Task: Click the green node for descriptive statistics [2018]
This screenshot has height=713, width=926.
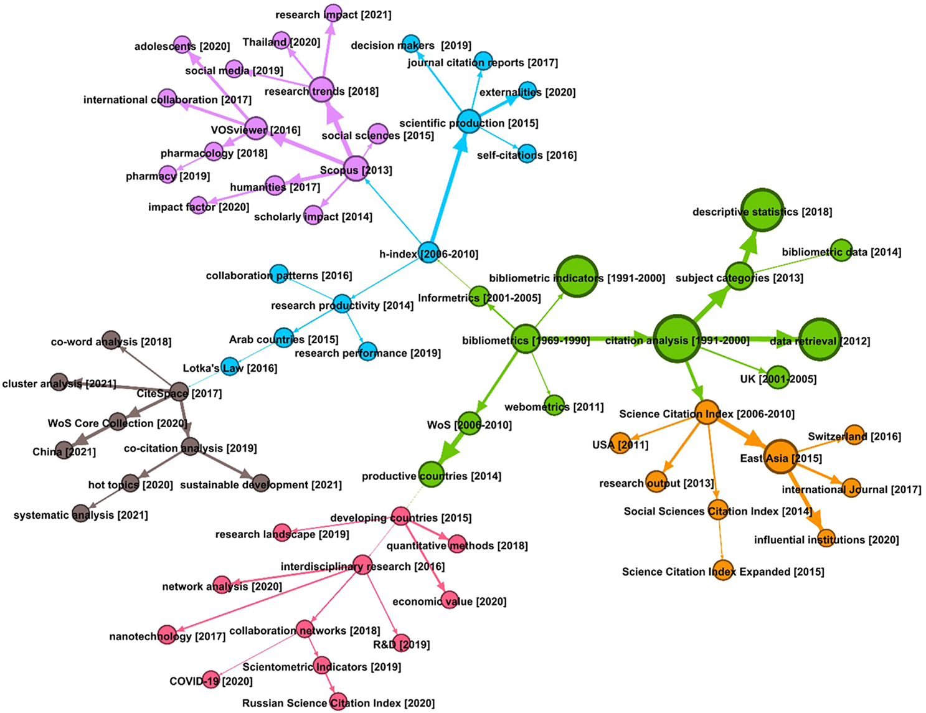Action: click(x=762, y=210)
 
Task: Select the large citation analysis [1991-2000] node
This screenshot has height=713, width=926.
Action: click(x=677, y=339)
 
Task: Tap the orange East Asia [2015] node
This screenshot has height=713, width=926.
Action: click(x=780, y=457)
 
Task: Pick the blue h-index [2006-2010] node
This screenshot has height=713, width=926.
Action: click(x=428, y=252)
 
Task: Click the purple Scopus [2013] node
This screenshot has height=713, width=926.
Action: click(x=356, y=169)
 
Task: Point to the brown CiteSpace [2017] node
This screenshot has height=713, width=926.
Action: click(x=179, y=392)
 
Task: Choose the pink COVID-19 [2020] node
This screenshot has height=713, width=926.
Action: click(x=212, y=681)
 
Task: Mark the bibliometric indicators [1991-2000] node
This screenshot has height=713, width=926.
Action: click(x=577, y=276)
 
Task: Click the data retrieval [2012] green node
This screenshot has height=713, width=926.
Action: click(x=820, y=339)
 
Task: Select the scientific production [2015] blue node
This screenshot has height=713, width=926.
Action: click(x=468, y=122)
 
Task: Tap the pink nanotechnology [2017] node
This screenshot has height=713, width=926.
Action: click(x=167, y=635)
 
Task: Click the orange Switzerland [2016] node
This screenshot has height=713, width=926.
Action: click(x=855, y=435)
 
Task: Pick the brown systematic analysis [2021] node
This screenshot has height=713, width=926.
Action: click(x=80, y=514)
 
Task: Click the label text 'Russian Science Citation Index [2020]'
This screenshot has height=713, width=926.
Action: click(x=338, y=703)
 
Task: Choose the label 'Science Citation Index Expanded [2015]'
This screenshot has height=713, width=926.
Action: click(x=723, y=572)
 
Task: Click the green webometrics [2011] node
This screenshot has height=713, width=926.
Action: click(x=554, y=405)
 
